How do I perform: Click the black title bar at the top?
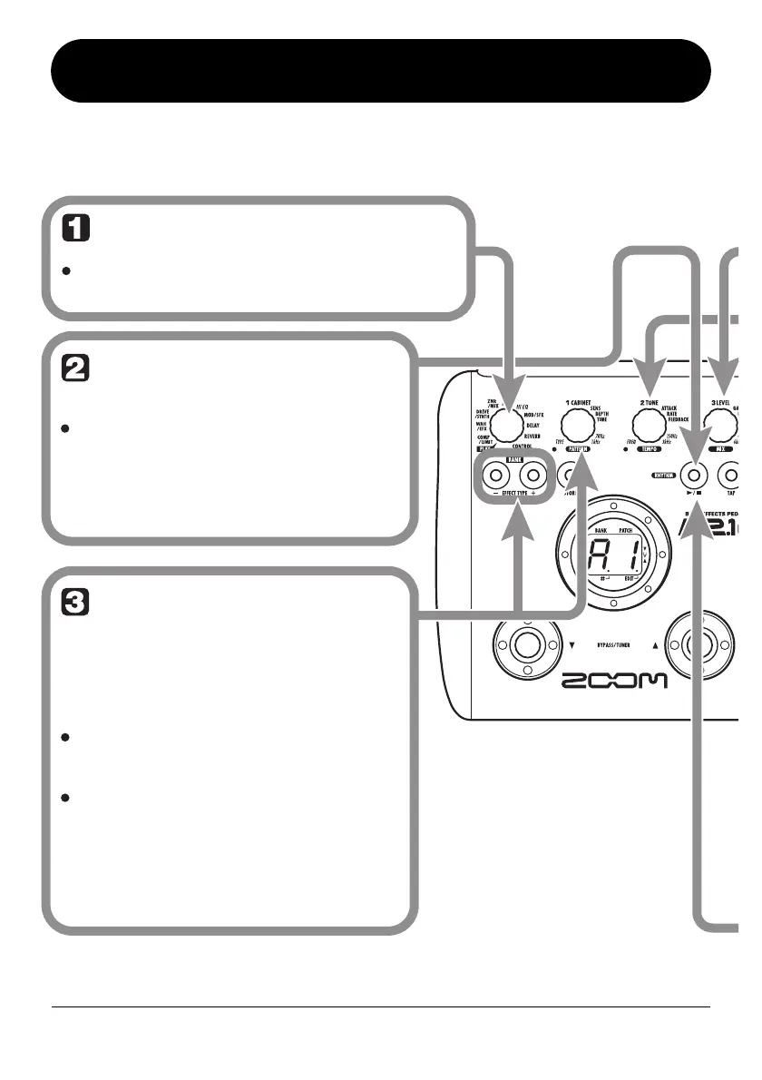pyautogui.click(x=380, y=71)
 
